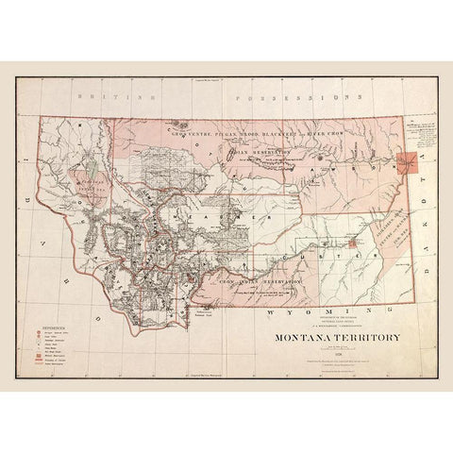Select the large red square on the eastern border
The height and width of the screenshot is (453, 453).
click(408, 163)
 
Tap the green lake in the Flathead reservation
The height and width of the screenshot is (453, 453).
click(73, 179)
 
